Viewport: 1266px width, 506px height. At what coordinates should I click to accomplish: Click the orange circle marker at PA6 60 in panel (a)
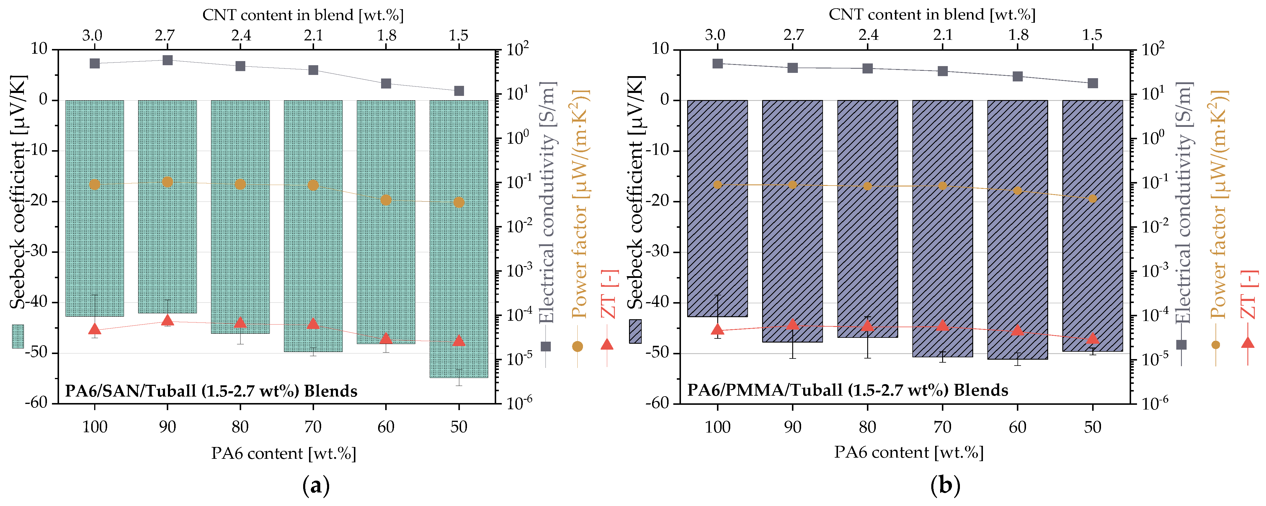386,200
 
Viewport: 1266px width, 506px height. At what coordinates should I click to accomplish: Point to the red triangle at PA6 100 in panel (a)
95,329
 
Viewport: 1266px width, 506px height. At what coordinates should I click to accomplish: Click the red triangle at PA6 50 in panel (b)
1092,338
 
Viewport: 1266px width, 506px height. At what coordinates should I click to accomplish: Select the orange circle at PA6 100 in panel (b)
718,185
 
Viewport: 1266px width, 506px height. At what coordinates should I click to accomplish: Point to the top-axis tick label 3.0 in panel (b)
715,35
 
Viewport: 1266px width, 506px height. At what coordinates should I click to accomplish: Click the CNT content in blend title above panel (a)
303,15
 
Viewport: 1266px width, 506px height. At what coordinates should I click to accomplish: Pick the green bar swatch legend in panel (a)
18,337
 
